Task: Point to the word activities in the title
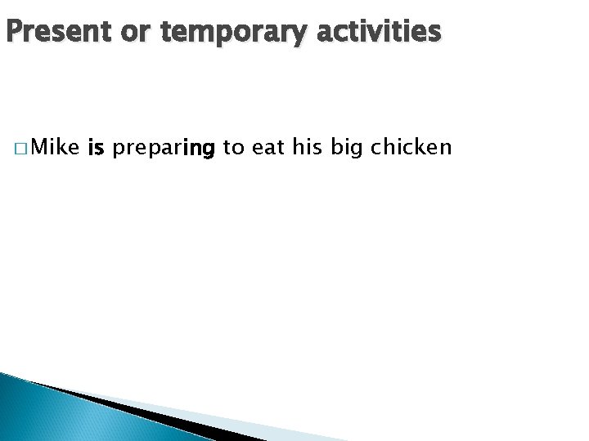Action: pos(379,32)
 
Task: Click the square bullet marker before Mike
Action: pos(18,149)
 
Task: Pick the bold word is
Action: pos(95,147)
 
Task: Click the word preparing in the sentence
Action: pos(163,149)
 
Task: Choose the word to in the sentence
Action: pos(232,148)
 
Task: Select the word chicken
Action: pos(411,147)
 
